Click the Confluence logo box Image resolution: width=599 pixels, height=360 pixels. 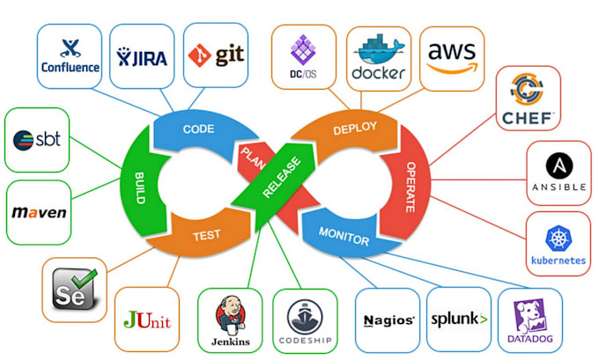(70, 56)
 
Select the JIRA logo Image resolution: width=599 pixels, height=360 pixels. (142, 57)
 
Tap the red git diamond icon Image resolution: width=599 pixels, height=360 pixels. (199, 55)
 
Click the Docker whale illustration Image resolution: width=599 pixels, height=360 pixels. (379, 49)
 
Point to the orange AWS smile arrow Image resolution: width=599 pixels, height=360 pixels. (452, 69)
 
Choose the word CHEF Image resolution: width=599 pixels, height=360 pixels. (528, 118)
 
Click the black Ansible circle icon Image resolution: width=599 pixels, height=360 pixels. (559, 166)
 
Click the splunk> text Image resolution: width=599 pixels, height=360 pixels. (459, 320)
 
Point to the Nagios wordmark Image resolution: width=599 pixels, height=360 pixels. (388, 320)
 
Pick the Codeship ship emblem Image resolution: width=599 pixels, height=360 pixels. (305, 317)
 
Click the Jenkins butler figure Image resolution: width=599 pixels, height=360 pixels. (231, 314)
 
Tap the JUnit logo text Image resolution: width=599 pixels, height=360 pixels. (147, 320)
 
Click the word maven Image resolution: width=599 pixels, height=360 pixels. (39, 213)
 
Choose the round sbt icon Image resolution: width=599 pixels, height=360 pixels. (23, 140)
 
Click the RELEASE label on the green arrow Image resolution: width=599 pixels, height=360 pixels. (282, 177)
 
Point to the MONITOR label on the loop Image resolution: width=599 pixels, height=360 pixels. (344, 236)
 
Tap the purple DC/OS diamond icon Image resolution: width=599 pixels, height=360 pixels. (303, 49)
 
